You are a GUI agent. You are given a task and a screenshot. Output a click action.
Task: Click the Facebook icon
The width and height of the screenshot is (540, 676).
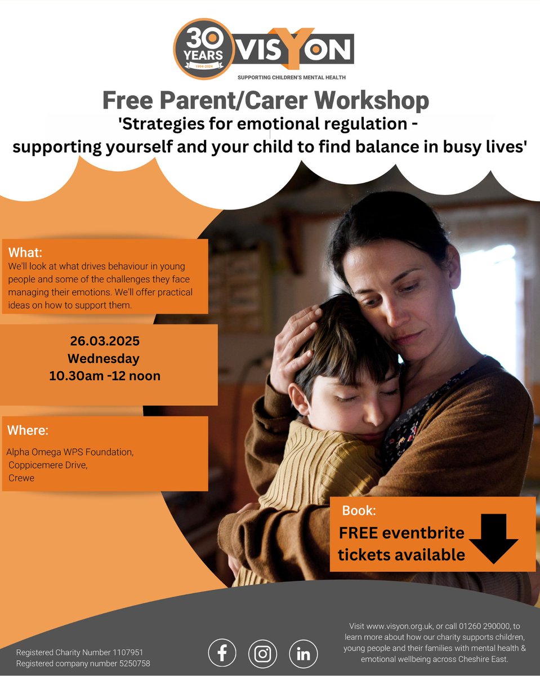coord(222,653)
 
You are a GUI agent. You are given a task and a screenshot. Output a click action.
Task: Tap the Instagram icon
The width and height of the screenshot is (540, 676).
coord(262,653)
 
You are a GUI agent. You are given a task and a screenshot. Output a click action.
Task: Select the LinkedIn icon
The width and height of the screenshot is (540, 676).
coord(303,653)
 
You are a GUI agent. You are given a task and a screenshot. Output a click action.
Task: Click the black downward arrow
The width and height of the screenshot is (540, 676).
coord(493,539)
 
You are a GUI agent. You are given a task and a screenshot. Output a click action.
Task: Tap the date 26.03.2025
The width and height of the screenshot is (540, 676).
coord(105,341)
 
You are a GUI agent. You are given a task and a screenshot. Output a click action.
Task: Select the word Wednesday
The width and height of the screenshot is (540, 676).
coord(104,358)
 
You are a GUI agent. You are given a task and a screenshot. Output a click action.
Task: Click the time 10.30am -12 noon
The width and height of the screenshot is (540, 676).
coord(105,376)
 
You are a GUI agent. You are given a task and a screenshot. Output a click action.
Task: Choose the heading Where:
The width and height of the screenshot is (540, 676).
coord(28,431)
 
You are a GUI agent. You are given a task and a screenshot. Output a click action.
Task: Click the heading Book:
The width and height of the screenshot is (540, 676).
coord(359,512)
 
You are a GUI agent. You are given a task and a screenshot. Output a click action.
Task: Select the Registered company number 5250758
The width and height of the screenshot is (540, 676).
coord(83,664)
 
